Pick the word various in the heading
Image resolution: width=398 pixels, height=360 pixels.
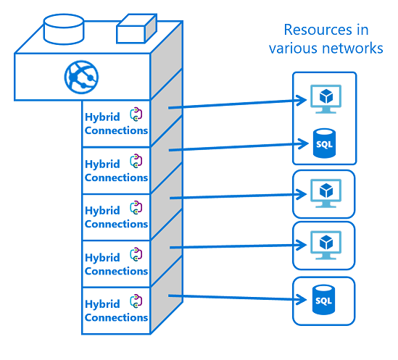coord(292,49)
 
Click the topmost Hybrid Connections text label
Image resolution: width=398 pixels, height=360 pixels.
coord(116,124)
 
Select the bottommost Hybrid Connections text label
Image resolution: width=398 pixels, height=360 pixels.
coord(116,311)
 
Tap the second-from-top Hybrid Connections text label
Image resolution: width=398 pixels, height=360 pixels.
coord(116,170)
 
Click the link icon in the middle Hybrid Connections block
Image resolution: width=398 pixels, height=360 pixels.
coord(136,207)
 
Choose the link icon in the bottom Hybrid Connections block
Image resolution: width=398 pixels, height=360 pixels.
coord(136,301)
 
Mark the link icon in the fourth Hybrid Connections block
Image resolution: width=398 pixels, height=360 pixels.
coord(136,254)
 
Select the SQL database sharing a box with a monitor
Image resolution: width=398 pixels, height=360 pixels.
coord(323,142)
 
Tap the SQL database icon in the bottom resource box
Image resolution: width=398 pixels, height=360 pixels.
coord(323,298)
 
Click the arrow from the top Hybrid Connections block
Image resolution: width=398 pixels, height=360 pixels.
coord(232,103)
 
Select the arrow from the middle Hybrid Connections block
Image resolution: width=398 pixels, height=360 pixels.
coord(232,196)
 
